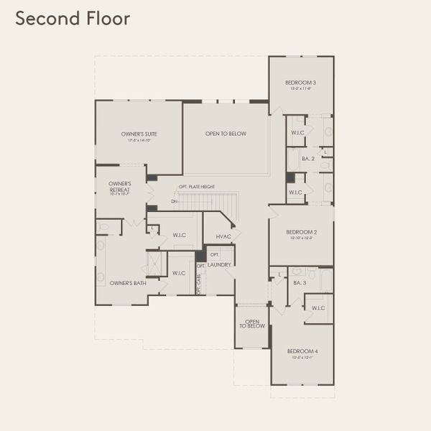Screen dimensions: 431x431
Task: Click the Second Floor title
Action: [x=73, y=19]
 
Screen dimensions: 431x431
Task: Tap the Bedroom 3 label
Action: [x=301, y=84]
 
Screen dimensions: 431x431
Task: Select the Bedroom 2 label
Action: [x=301, y=233]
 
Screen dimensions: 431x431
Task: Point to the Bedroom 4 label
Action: [x=302, y=352]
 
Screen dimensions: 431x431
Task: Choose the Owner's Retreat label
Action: [x=119, y=188]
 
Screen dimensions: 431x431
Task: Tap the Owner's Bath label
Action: [x=128, y=283]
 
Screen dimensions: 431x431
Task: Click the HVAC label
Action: [x=222, y=236]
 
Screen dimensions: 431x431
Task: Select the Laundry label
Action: [x=220, y=265]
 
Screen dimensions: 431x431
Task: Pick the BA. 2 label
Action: [x=307, y=159]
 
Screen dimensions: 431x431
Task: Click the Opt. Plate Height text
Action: [x=197, y=187]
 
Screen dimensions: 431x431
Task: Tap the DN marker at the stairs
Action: [x=174, y=201]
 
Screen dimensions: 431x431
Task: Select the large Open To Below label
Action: [x=226, y=134]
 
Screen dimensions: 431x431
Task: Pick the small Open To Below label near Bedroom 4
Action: [x=252, y=324]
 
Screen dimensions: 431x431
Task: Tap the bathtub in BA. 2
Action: [x=293, y=159]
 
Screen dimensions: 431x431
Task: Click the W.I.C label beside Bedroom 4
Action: [x=318, y=307]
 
